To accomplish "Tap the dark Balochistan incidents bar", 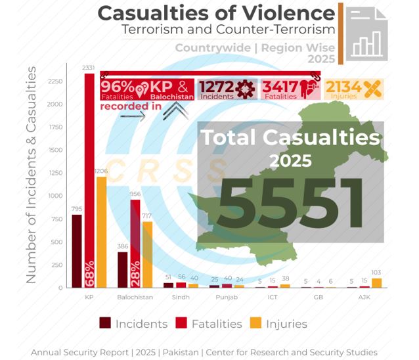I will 122,269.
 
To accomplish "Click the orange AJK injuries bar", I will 376,282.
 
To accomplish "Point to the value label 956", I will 135,194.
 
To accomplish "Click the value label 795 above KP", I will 77,209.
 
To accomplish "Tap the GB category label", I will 318,298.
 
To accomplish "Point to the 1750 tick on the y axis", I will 55,127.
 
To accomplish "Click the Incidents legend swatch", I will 104,323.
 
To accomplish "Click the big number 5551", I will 291,199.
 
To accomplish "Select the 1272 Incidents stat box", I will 226,89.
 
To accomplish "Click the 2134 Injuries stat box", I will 353,89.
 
